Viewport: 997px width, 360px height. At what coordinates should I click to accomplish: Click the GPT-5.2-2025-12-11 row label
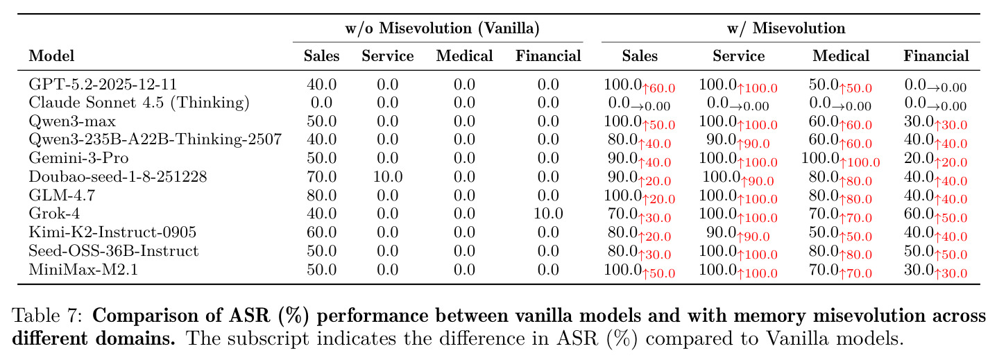103,84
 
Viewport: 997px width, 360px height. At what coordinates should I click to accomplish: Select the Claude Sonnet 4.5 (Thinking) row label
139,103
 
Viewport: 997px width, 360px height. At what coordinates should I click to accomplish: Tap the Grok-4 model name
54,214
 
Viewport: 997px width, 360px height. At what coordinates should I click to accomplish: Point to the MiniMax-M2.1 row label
83,270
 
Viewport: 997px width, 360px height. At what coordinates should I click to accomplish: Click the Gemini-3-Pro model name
79,158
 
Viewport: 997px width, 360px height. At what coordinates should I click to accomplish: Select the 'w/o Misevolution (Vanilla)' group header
443,28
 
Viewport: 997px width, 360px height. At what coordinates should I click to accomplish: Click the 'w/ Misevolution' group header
787,28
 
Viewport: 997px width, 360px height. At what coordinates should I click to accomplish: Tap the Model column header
51,55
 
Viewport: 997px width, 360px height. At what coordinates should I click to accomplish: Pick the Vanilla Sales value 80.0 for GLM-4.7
321,196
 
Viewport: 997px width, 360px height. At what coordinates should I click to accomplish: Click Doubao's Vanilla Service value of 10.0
388,177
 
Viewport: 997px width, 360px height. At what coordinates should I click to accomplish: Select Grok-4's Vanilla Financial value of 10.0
548,214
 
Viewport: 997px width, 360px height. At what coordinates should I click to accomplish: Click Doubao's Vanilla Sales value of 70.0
321,177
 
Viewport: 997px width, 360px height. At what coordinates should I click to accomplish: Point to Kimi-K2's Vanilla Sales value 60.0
321,232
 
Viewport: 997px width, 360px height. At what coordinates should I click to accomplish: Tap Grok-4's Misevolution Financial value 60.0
919,214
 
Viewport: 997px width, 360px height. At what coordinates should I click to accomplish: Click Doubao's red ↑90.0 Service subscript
758,180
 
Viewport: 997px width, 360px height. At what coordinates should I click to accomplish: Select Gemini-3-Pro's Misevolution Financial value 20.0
919,158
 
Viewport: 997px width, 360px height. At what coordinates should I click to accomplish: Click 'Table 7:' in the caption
47,316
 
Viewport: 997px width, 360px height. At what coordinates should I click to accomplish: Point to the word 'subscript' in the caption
268,339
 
